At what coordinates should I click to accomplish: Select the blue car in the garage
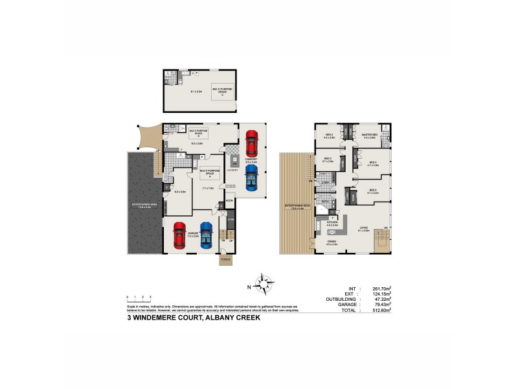coord(206,235)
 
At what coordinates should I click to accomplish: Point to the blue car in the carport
coord(251,178)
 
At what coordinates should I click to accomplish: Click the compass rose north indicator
coord(264,284)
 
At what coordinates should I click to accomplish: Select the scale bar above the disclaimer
coord(139,298)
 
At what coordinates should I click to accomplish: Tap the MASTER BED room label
coord(370,135)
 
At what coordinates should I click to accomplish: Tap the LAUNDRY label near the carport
coord(231,170)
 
